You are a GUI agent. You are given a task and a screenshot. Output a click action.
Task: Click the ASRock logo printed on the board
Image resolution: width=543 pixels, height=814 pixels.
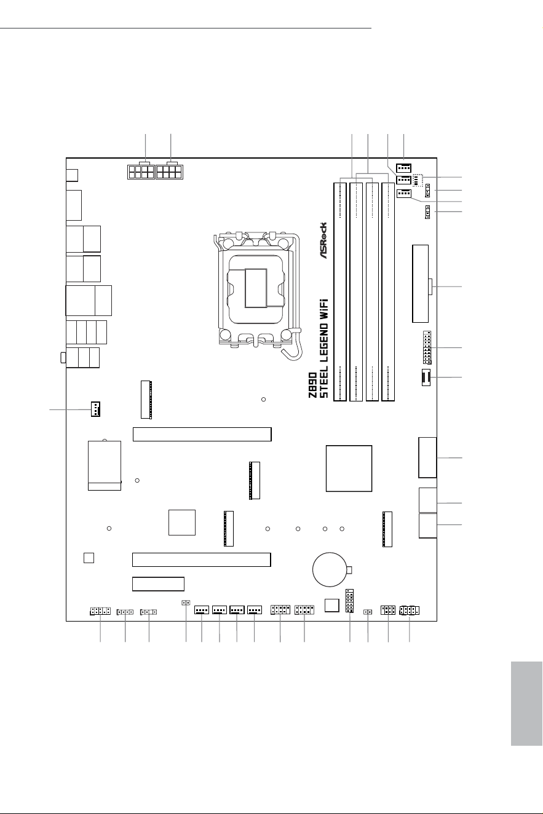pos(323,240)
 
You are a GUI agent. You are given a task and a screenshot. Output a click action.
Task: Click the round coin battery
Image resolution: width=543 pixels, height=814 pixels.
pos(330,569)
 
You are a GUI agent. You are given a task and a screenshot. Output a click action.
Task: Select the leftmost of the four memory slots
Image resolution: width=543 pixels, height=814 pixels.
pos(340,292)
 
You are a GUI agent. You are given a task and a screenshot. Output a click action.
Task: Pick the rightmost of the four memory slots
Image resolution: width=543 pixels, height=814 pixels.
pos(388,292)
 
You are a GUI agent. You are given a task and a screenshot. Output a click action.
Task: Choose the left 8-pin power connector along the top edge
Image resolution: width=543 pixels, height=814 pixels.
pos(141,172)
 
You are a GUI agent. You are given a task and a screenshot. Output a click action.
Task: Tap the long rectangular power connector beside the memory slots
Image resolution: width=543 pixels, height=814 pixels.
pos(421,284)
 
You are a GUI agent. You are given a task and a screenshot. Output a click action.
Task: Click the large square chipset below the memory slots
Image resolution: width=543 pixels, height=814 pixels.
pos(349,468)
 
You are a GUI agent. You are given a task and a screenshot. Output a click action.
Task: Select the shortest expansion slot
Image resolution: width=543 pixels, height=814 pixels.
pos(158,584)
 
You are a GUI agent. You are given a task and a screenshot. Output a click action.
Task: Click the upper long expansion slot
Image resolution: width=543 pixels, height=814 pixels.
pos(202,434)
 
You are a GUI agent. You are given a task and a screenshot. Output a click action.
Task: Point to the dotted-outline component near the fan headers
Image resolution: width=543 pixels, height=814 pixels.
pos(418,180)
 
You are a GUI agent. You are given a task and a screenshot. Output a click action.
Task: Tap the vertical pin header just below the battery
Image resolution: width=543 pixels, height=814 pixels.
pos(350,601)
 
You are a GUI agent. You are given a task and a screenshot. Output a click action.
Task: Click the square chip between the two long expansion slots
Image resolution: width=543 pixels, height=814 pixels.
pos(182,523)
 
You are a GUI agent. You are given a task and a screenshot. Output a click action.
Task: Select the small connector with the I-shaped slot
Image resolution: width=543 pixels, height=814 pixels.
pos(426,377)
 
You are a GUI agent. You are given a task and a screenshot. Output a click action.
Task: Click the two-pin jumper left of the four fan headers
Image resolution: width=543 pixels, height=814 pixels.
pos(186,603)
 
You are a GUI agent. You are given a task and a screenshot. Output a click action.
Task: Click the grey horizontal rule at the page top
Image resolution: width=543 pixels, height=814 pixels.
pos(186,28)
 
